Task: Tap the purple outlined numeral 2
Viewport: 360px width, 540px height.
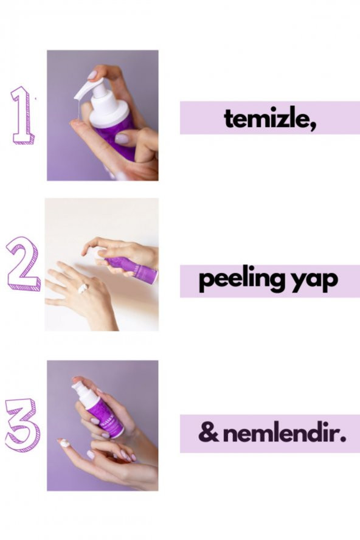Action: coord(23,263)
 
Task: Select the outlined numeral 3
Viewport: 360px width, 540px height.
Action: coord(23,425)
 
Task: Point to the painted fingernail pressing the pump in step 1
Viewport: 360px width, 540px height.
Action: coord(92,74)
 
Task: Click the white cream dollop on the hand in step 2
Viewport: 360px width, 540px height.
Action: coord(82,288)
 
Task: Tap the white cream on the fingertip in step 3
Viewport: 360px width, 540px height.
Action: coord(64,443)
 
